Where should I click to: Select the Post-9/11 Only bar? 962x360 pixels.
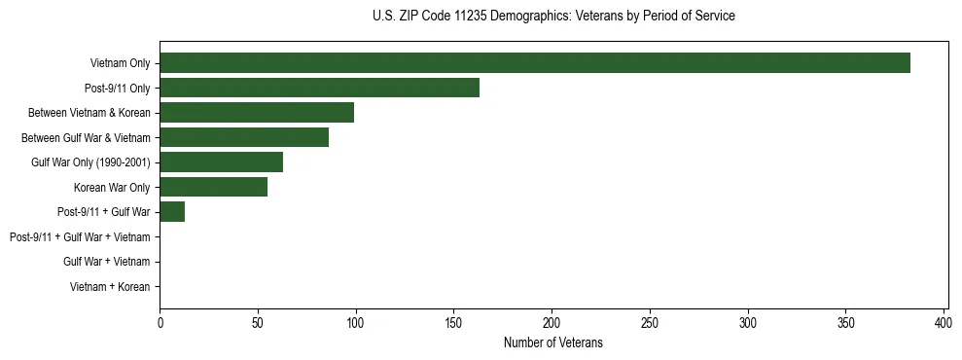319,88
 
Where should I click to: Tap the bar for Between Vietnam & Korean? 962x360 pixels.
257,113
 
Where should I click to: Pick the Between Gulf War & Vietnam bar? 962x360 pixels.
244,137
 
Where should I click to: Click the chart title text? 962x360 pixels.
553,17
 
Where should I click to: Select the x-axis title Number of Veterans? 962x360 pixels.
553,342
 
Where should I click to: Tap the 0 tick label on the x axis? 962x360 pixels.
160,323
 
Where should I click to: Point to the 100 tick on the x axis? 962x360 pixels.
356,323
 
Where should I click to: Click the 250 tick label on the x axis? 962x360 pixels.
650,323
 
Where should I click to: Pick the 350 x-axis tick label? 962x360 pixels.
845,323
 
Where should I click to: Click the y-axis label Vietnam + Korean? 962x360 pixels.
110,287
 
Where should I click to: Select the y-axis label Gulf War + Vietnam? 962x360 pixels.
107,262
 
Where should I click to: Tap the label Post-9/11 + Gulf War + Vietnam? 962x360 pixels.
80,237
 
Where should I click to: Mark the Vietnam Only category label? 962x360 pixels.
120,63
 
